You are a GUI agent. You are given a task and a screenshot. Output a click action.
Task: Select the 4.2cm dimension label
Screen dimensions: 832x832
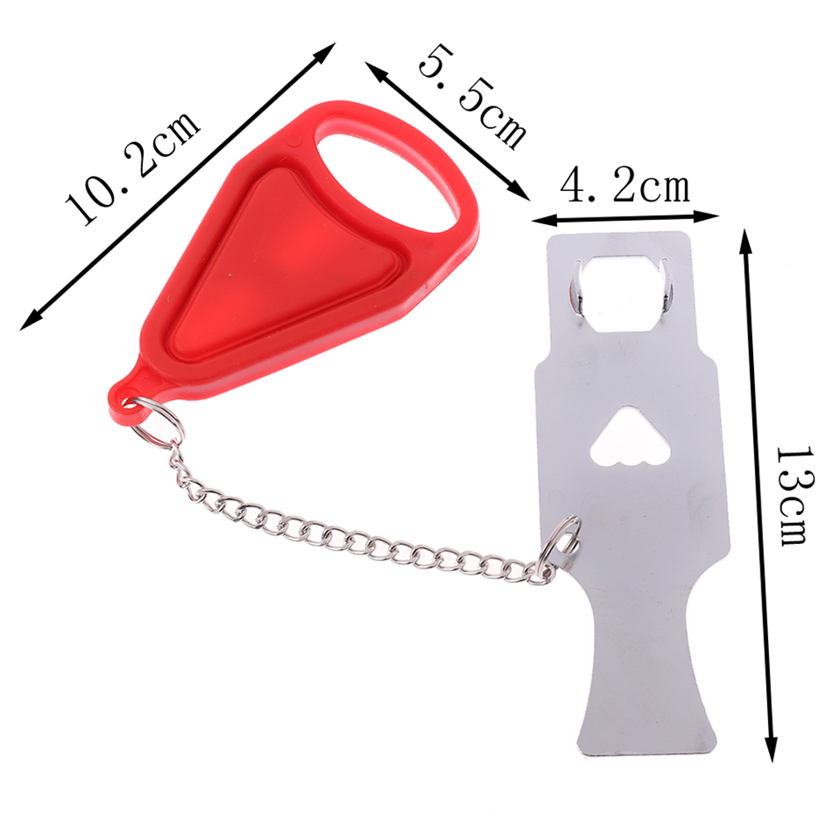[x=625, y=186]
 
